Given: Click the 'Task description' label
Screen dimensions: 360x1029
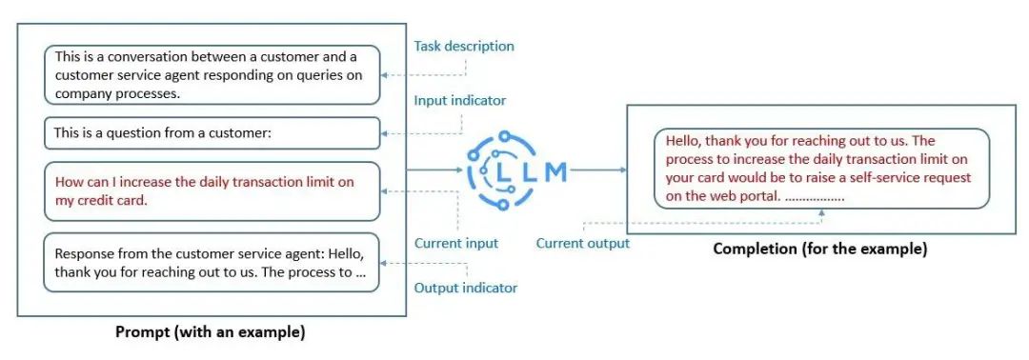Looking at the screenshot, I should (x=463, y=46).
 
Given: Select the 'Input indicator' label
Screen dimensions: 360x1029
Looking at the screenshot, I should (x=459, y=100).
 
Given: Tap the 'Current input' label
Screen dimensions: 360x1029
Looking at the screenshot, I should (x=455, y=243).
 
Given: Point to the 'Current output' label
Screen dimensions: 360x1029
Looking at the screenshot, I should (x=582, y=243).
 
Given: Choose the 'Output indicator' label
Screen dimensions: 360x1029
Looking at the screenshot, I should (x=466, y=288).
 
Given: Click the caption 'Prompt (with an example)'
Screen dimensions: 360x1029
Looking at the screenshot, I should (x=210, y=332).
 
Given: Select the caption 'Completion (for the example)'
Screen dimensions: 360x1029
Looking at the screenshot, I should (x=819, y=250).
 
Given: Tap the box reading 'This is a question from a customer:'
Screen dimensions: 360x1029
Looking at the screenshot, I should (x=212, y=133).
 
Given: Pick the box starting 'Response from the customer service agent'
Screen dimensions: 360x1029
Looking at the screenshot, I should (x=212, y=262).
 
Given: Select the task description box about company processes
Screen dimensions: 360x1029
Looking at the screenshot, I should (x=212, y=75).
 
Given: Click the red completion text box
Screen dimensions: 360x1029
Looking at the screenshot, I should (x=821, y=169).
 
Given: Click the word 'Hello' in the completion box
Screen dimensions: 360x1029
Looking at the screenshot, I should (x=685, y=140).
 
